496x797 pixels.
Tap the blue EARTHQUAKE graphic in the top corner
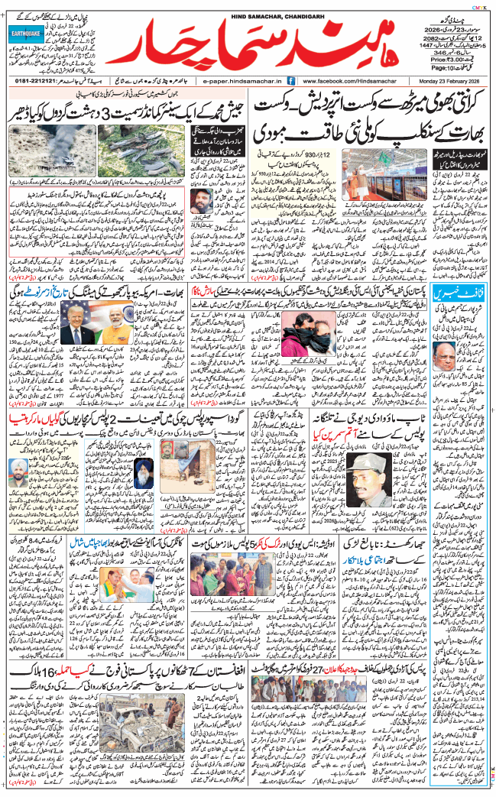(24, 34)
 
